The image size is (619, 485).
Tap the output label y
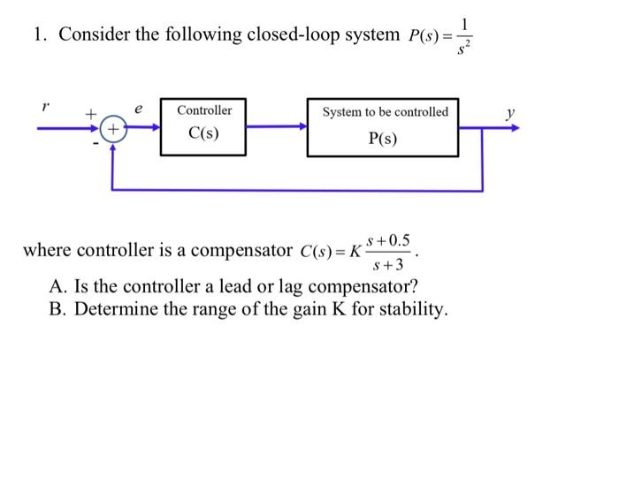(x=509, y=112)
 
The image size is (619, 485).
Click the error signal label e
(x=138, y=109)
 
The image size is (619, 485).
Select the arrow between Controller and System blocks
(x=276, y=127)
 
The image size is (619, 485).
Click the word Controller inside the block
(x=204, y=110)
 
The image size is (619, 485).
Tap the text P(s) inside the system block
(x=385, y=139)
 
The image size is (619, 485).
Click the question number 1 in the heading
(x=38, y=35)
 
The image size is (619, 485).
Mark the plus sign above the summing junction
(x=89, y=114)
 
